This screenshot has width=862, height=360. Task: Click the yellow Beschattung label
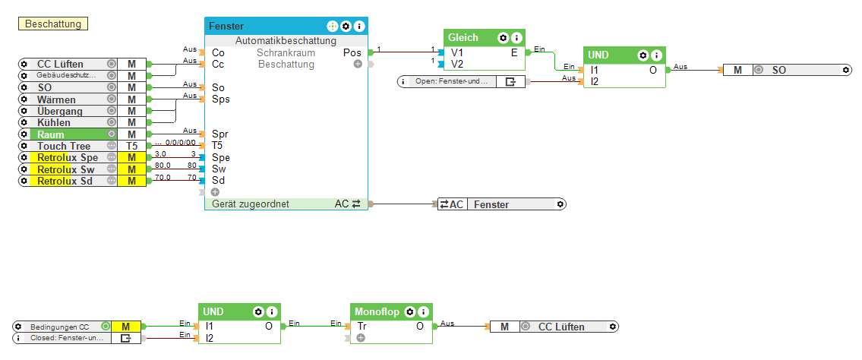[53, 24]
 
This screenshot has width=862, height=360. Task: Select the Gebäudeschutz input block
[67, 76]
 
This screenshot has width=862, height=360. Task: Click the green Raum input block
[67, 134]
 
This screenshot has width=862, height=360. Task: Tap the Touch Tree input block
[67, 146]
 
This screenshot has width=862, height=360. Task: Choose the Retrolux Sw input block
[67, 169]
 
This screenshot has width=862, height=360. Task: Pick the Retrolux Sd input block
[67, 181]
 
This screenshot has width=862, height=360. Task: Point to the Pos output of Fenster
[352, 53]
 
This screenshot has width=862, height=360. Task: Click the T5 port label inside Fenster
[218, 146]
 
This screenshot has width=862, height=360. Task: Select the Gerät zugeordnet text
[251, 204]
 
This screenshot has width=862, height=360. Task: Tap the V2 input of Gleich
[456, 64]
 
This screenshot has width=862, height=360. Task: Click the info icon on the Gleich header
[516, 37]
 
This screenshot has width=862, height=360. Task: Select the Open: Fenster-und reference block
[451, 81]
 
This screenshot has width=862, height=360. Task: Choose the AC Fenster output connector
[501, 204]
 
